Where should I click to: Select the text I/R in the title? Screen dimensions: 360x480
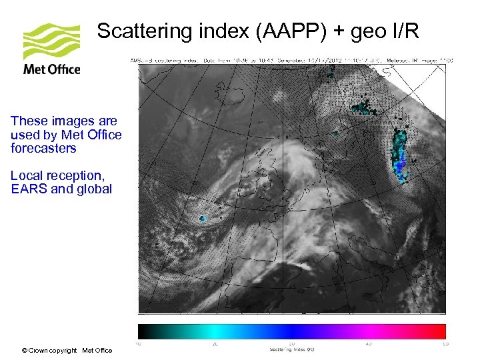click(x=404, y=31)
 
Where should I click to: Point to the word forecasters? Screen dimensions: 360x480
click(x=43, y=148)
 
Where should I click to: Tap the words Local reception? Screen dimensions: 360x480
click(x=57, y=175)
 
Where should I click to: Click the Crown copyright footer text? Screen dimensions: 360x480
click(x=67, y=350)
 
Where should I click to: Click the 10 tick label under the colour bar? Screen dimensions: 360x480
click(x=138, y=344)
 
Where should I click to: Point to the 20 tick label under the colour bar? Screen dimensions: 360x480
click(x=215, y=344)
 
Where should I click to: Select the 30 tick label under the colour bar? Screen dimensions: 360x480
click(x=292, y=344)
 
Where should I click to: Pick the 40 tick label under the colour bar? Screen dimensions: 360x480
click(x=369, y=344)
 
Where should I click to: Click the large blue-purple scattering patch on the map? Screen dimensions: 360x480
click(x=400, y=160)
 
